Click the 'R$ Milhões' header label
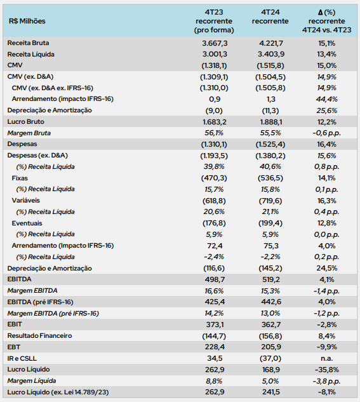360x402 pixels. coord(27,21)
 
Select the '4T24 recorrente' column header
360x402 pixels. coord(270,17)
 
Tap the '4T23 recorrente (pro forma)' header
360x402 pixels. coord(214,21)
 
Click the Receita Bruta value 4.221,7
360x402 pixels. coord(271,43)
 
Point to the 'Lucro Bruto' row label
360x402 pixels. coord(25,122)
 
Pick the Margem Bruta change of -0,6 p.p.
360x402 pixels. coord(327,133)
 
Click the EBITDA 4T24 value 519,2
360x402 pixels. coord(271,279)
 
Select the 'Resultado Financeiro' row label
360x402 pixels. coord(39,336)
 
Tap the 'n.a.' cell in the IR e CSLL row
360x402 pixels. coord(327,358)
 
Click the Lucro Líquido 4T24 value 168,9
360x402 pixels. coord(271,370)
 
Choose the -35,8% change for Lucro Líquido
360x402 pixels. coord(327,370)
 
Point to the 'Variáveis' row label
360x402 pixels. coord(25,201)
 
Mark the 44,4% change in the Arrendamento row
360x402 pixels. coord(327,99)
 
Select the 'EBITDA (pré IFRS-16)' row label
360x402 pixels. coord(40,302)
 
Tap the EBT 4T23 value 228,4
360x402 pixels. coord(215,347)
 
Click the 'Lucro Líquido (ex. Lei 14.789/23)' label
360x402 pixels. coord(58,392)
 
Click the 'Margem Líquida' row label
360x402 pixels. coord(32,381)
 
